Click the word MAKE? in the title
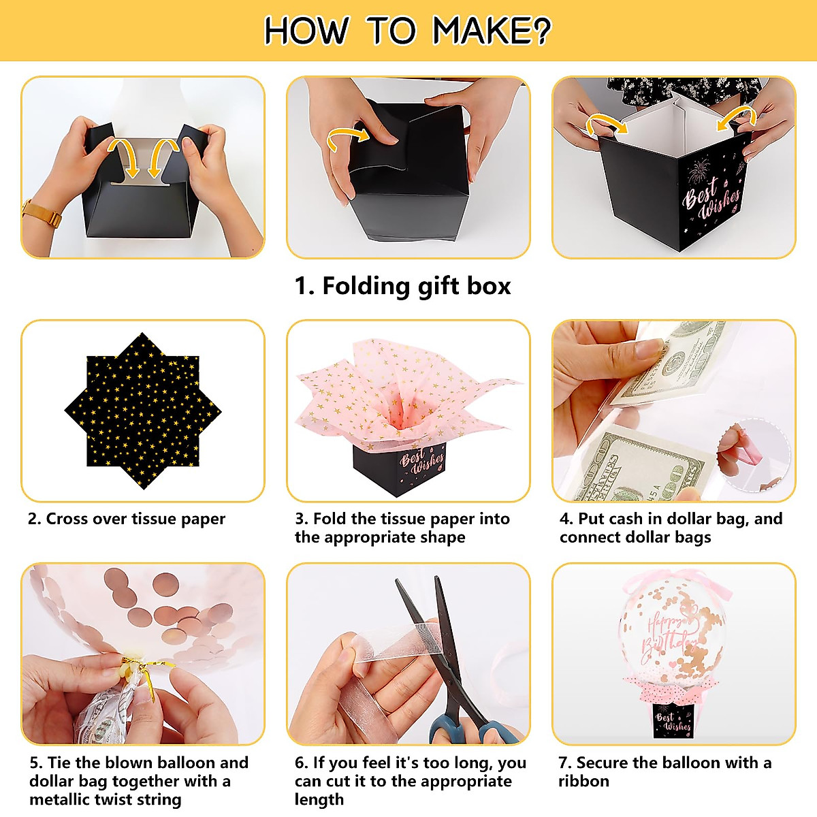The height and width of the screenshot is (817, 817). tap(492, 31)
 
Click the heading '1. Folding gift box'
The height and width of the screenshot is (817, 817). tap(403, 286)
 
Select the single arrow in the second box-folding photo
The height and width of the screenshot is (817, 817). tap(348, 138)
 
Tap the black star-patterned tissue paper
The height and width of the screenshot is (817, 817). tap(143, 411)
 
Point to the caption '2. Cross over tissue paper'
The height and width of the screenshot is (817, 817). tap(127, 519)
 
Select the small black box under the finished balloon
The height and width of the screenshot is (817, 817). tap(673, 720)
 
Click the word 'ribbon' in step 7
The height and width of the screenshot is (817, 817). tap(583, 781)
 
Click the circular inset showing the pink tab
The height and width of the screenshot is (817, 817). tap(754, 455)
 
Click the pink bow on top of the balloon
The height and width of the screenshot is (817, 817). tap(674, 583)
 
